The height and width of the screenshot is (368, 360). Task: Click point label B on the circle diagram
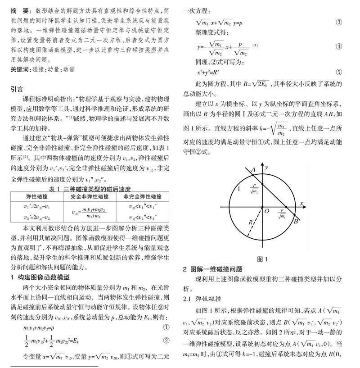click(x=296, y=222)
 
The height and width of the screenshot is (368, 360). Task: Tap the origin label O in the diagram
click(x=267, y=211)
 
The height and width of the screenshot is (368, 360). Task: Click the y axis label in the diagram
click(x=267, y=167)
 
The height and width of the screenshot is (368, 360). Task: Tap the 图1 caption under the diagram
click(x=262, y=259)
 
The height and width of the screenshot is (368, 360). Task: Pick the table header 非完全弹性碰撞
click(x=143, y=197)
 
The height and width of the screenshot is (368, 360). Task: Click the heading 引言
click(x=17, y=89)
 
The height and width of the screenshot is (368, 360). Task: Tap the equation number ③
click(x=339, y=22)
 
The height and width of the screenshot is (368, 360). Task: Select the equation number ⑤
click(x=339, y=72)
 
